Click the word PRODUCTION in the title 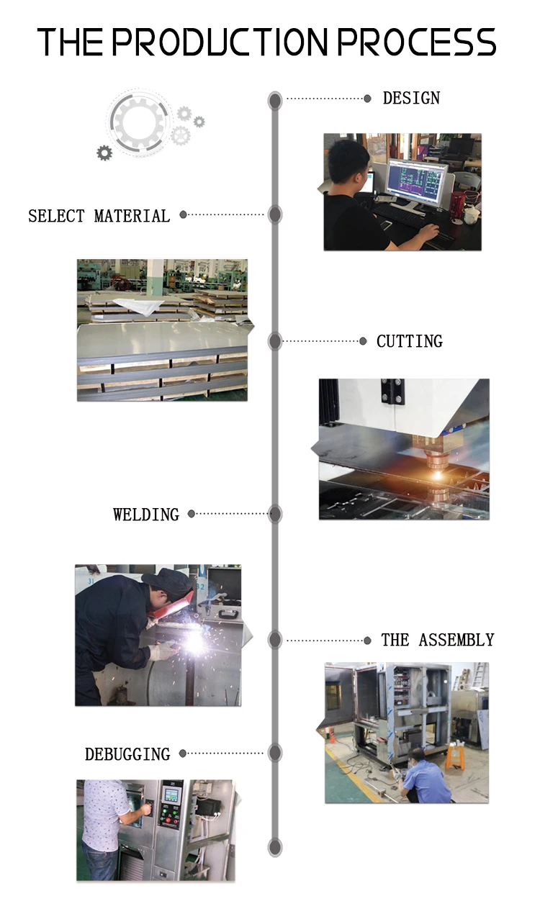coord(220,42)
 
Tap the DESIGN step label coord(411,99)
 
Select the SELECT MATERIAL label coord(99,216)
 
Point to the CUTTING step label coord(410,341)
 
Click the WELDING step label coord(146,515)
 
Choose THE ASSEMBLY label coord(438,640)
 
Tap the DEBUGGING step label coord(127,754)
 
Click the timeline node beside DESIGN coord(275,100)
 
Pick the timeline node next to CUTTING coord(275,341)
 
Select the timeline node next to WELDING coord(275,514)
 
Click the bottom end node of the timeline coord(275,847)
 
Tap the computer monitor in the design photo coord(416,181)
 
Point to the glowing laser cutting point coord(438,475)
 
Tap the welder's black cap coord(168,580)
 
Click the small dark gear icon coord(104,153)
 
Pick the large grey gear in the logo coord(139,122)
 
